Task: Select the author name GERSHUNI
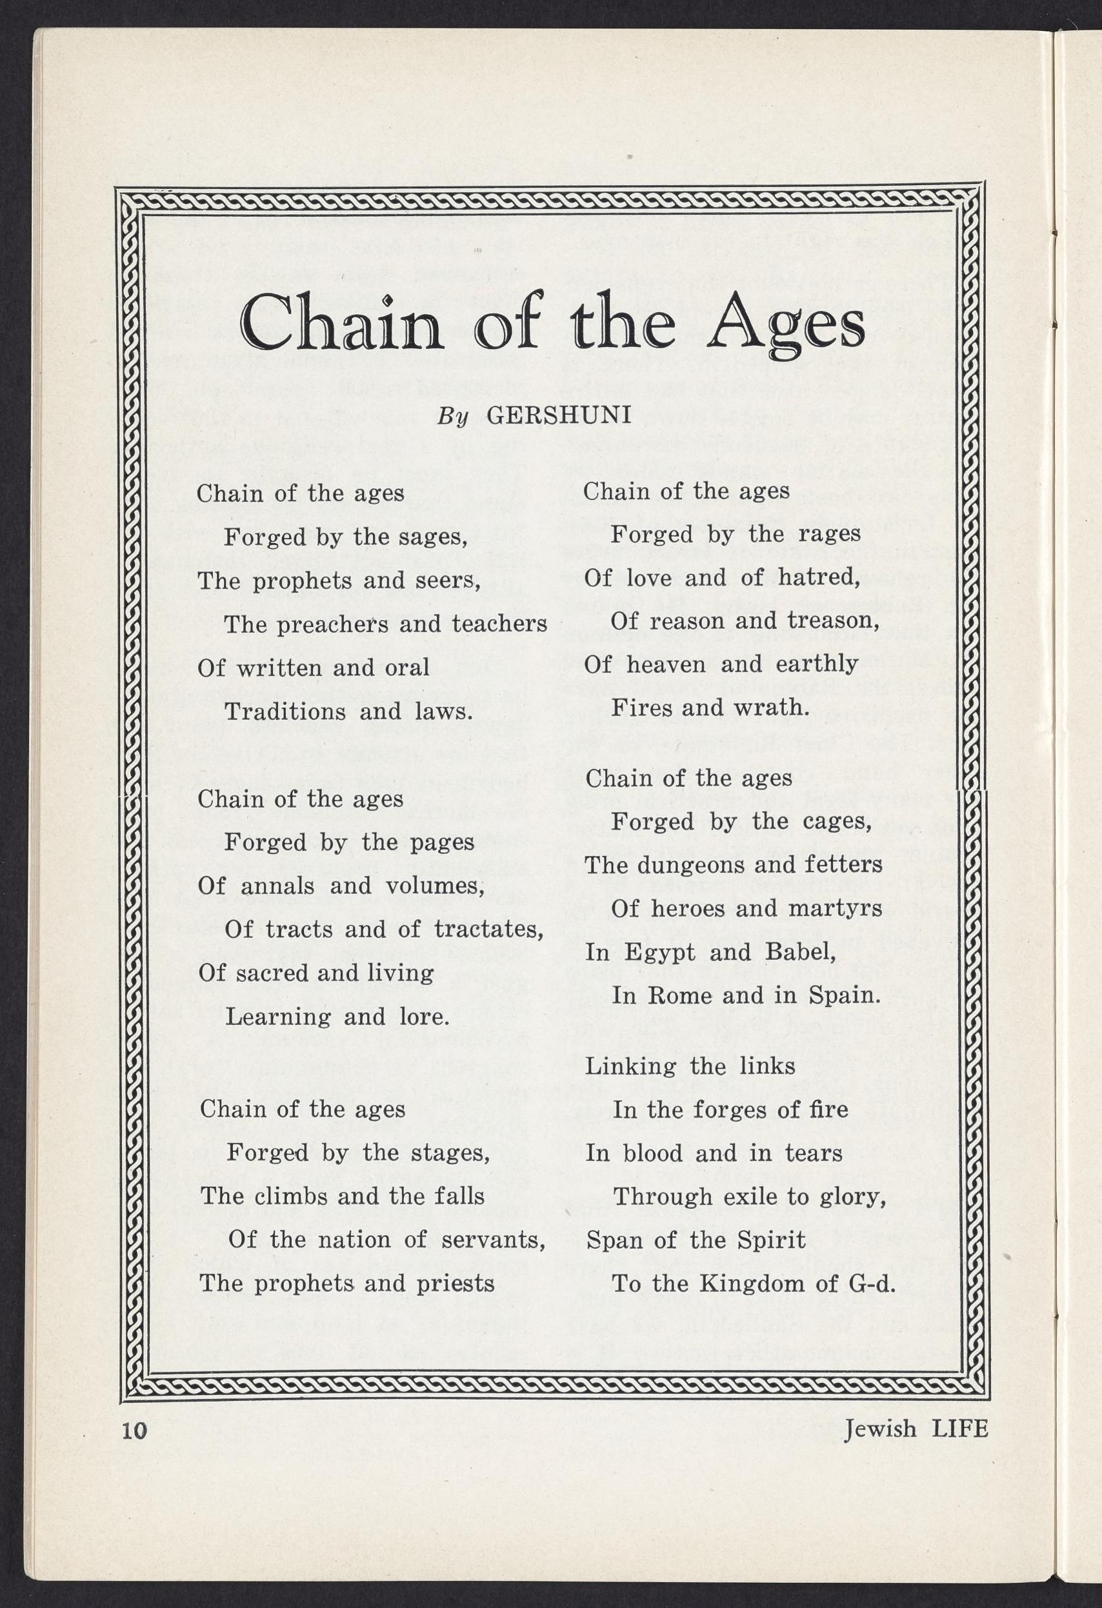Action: click(x=559, y=415)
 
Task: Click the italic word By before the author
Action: click(x=454, y=417)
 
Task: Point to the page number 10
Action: click(x=134, y=1429)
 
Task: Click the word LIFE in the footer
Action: click(x=960, y=1428)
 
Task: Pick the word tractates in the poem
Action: click(x=488, y=929)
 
